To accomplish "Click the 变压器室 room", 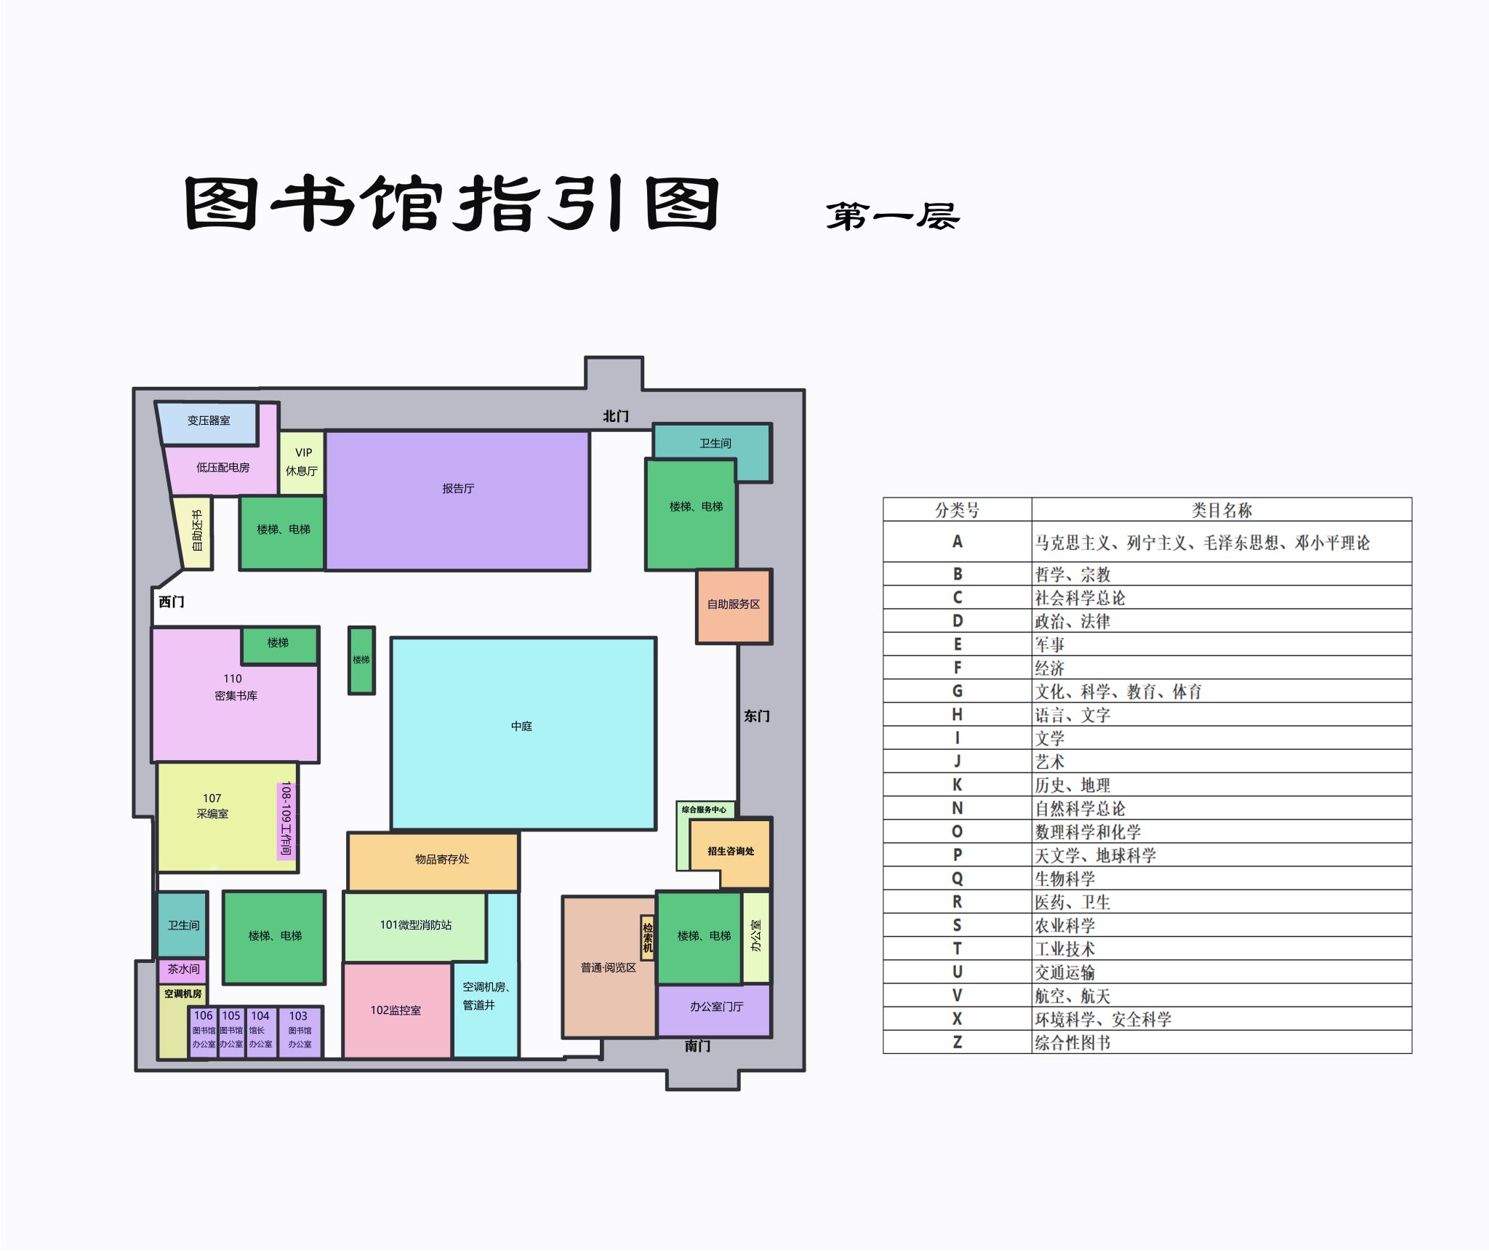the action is click(208, 423).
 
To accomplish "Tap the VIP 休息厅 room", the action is click(302, 463).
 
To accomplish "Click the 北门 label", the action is click(615, 416).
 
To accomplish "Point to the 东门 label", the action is click(756, 716).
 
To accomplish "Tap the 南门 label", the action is click(697, 1046).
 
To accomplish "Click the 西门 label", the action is click(172, 601).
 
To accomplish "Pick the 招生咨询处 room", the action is click(730, 852).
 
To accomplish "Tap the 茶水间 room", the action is click(182, 970).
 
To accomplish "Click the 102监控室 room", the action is click(397, 1010).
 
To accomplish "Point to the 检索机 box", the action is click(647, 938).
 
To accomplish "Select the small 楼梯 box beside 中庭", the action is click(361, 660).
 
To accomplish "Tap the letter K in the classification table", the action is click(957, 785).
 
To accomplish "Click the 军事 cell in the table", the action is click(1050, 644).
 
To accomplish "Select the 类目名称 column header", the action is click(1221, 510).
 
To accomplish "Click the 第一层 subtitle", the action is click(893, 216).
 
